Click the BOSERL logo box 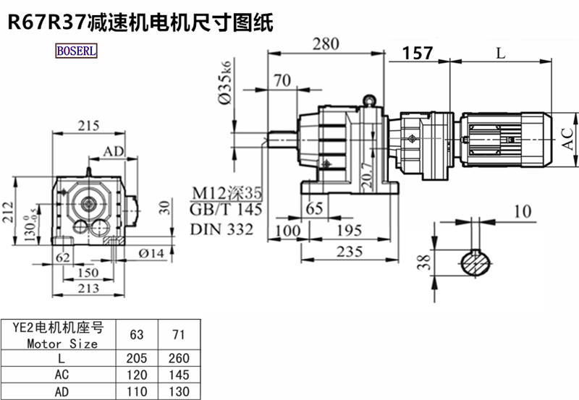76,52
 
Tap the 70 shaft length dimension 282,80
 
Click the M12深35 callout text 225,194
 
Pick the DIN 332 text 222,229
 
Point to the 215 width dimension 88,125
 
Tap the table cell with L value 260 178,358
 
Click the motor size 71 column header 178,336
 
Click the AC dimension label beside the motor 570,135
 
